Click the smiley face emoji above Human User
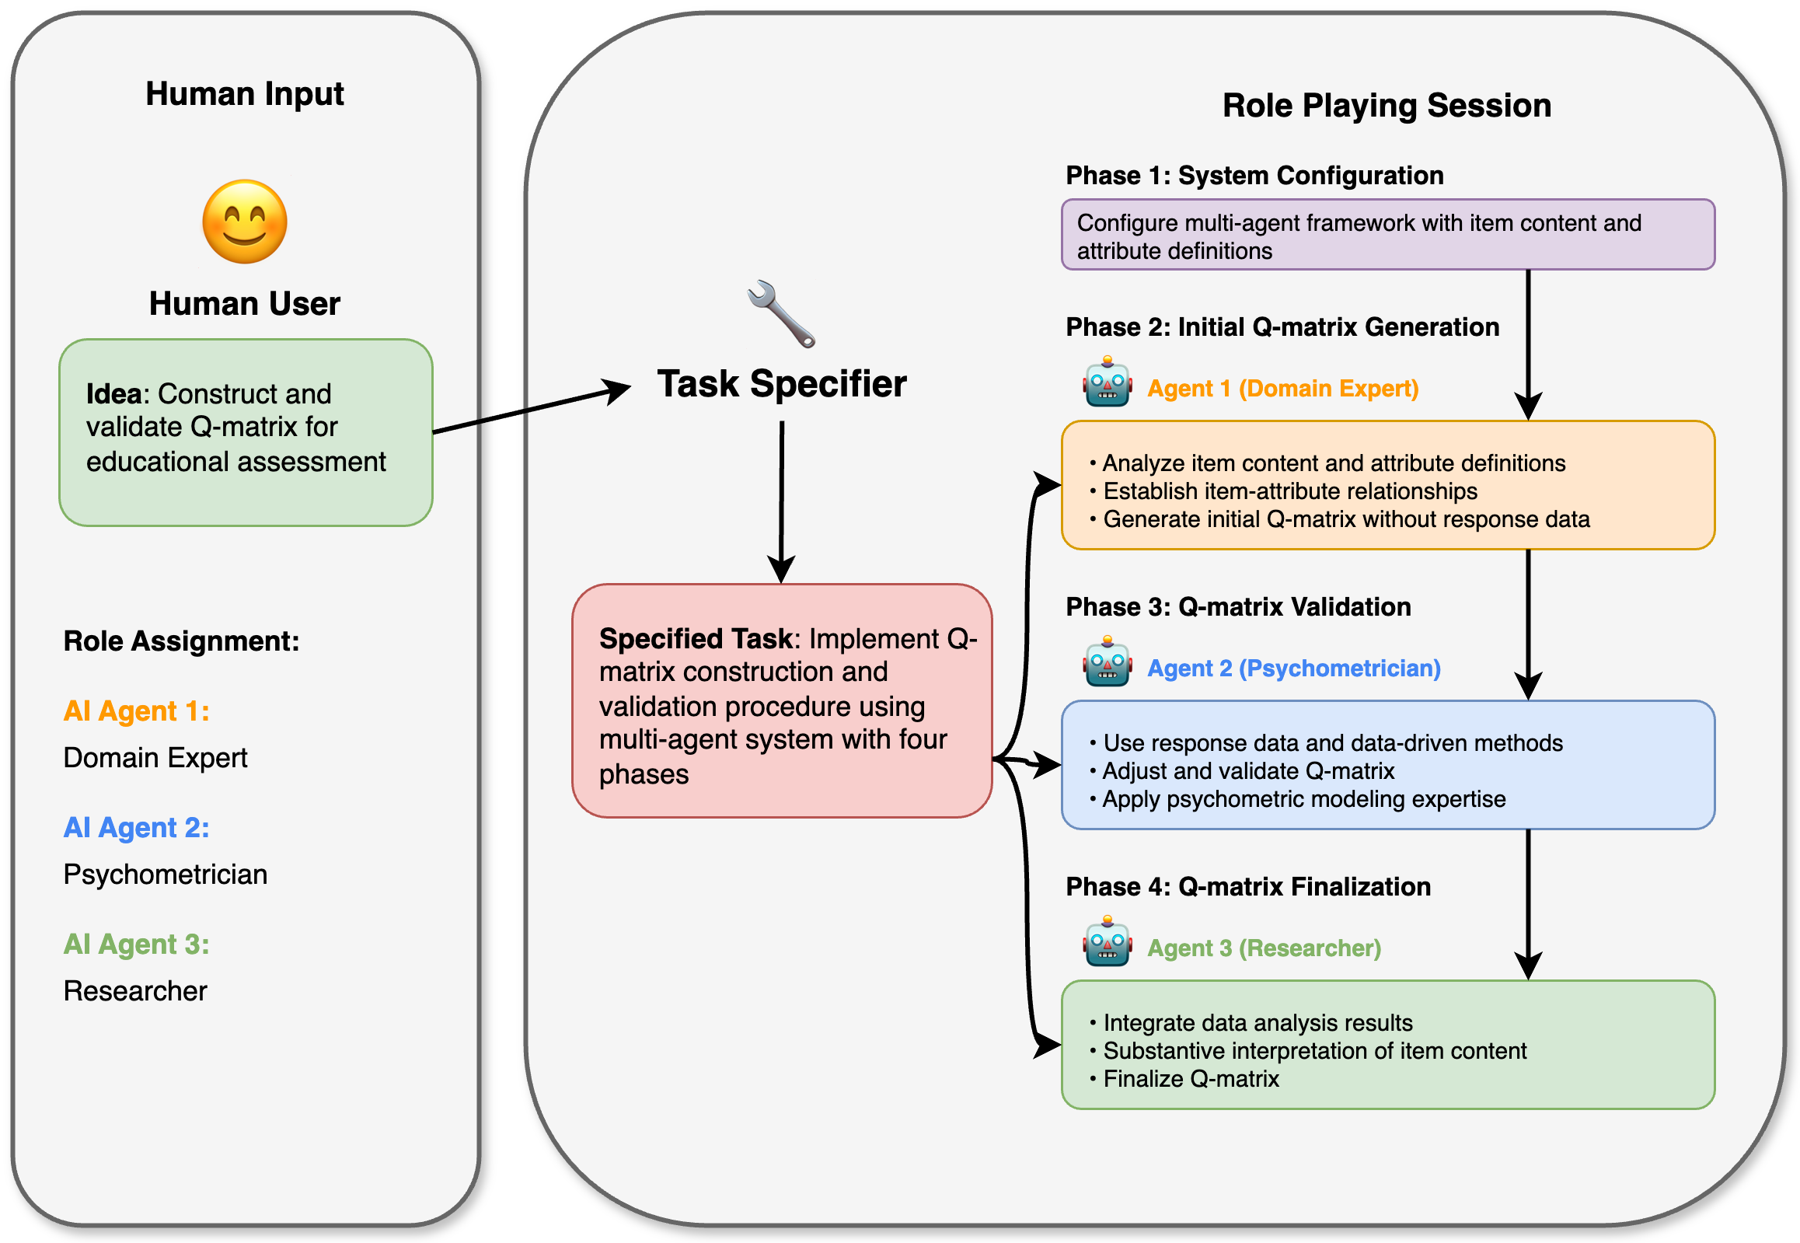point(245,222)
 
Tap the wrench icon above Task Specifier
point(781,313)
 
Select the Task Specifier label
point(782,383)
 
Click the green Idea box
point(246,432)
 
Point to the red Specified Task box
point(782,700)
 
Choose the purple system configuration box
point(1387,236)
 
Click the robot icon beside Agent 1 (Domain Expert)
point(1106,382)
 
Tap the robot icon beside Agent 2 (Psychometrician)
point(1106,662)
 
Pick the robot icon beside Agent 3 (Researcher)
point(1106,941)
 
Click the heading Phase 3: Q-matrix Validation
point(1238,606)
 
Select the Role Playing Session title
point(1386,105)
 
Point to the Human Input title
point(245,93)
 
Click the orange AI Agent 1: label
point(136,711)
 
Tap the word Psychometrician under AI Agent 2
point(165,875)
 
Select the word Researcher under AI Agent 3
point(135,991)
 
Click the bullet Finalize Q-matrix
point(1191,1079)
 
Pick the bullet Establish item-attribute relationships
point(1289,491)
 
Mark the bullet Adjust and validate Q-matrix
point(1248,771)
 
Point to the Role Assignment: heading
point(181,641)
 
